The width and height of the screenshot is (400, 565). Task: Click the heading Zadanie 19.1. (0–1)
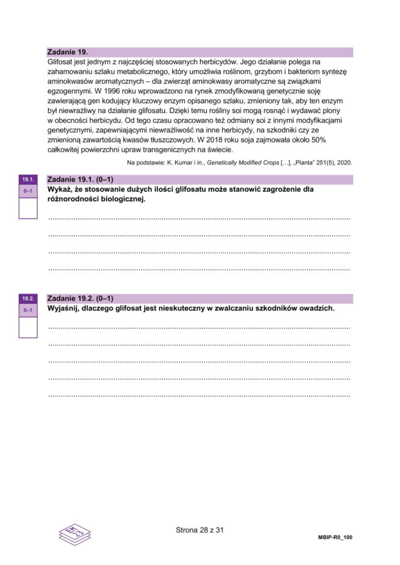[80, 180]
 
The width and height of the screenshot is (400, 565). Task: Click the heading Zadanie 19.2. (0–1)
[80, 298]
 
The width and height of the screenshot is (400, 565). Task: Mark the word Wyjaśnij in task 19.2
[64, 308]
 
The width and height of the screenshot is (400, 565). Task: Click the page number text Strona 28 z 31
[200, 530]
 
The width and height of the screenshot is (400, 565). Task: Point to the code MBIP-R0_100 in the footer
[334, 537]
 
